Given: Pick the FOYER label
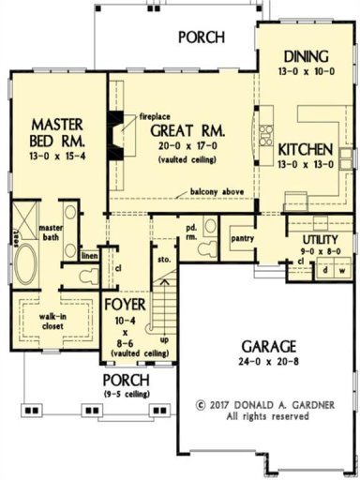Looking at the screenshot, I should [x=124, y=306].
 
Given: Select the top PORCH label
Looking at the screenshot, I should [x=201, y=37].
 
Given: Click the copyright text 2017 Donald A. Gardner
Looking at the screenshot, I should [x=264, y=407].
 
